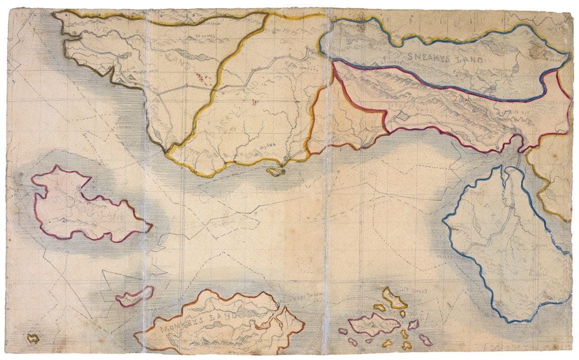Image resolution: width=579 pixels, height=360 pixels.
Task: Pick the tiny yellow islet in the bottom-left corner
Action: point(33,338)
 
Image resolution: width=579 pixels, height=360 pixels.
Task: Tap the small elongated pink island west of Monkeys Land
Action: point(135,295)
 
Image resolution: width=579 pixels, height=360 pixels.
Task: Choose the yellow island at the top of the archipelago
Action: point(394,298)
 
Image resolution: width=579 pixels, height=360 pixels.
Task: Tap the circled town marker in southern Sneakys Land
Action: point(492,88)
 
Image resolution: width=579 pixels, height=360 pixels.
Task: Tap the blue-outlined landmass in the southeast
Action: point(507,251)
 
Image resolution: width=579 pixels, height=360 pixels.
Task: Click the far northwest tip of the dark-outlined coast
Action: point(54,13)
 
